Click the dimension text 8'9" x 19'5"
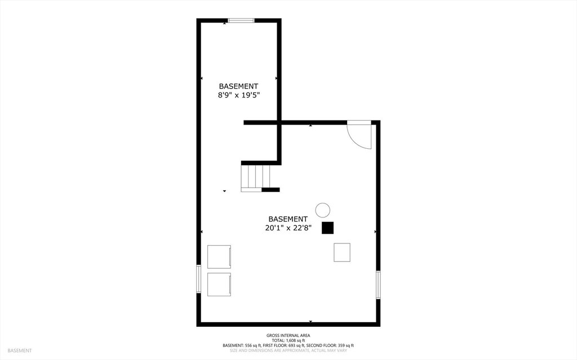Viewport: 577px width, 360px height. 239,95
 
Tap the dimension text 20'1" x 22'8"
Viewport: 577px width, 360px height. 288,228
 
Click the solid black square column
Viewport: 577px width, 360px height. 327,228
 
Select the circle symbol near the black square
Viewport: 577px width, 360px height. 323,210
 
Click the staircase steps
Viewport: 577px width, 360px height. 255,177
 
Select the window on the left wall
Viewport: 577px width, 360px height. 198,279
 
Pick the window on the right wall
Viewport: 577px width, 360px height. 378,285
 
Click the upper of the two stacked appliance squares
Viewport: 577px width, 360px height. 219,256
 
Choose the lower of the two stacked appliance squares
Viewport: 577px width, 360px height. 219,284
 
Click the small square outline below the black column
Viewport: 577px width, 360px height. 342,252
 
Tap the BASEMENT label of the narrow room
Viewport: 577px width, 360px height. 238,86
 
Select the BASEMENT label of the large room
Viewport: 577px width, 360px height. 288,219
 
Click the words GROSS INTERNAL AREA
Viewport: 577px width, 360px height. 288,335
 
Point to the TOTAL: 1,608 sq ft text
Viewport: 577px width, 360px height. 288,340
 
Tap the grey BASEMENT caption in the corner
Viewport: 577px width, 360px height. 20,351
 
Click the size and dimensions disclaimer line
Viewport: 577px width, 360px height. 288,350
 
